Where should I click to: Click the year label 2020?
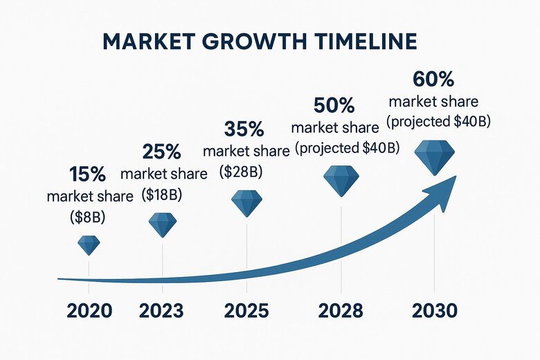tap(89, 310)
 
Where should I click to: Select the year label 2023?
tap(161, 310)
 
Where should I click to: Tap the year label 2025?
tap(247, 310)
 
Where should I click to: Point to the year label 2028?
tap(341, 310)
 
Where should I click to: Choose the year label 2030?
tap(434, 310)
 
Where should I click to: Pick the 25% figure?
tap(162, 152)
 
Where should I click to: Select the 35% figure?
tap(244, 129)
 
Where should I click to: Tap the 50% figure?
tap(334, 105)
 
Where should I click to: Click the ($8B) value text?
tap(88, 217)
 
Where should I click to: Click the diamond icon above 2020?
tap(89, 244)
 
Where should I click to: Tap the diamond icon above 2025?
tap(247, 203)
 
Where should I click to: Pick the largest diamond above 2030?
tap(434, 157)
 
